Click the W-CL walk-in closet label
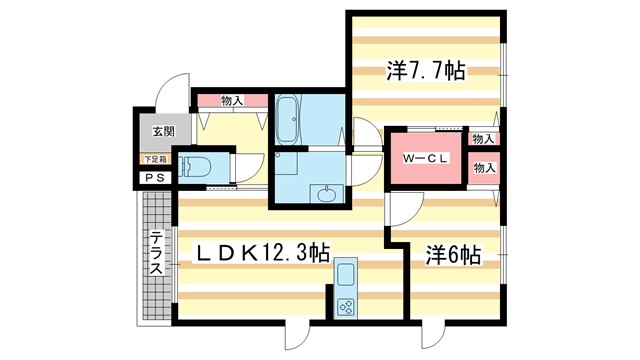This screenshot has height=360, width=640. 425,159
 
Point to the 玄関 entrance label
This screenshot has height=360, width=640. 163,131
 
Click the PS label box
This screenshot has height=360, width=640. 155,178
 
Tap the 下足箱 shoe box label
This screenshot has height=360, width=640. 156,159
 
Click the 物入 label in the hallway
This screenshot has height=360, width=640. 232,100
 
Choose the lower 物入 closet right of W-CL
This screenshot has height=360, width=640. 484,168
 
